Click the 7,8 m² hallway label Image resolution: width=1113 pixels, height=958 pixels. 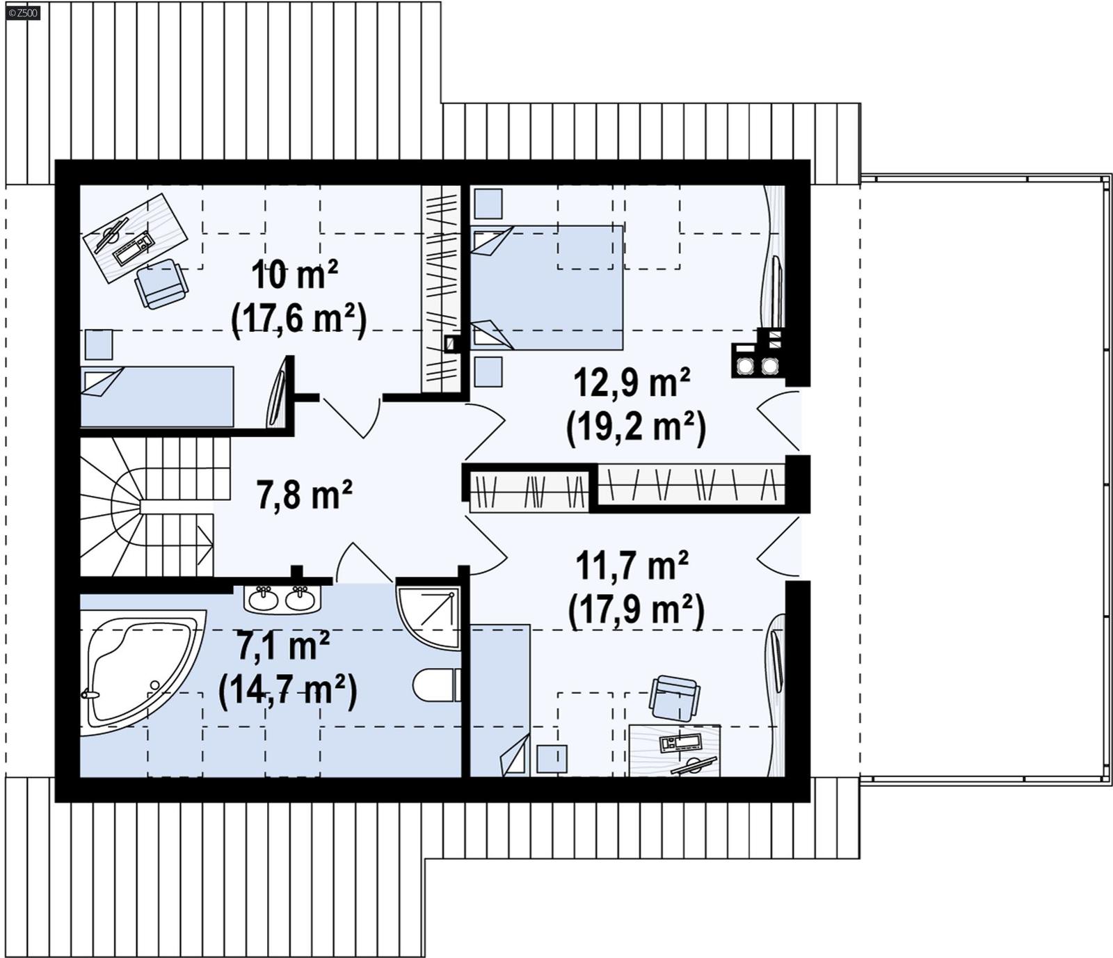pyautogui.click(x=304, y=495)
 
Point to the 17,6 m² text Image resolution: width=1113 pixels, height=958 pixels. pyautogui.click(x=298, y=319)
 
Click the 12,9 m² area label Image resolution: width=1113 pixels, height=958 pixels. pyautogui.click(x=631, y=383)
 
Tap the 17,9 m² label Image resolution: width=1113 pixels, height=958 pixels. pyautogui.click(x=636, y=610)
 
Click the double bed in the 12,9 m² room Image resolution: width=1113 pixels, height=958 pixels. pyautogui.click(x=547, y=287)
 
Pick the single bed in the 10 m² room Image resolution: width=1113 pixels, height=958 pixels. pyautogui.click(x=157, y=396)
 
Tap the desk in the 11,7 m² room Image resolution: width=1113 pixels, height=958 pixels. pyautogui.click(x=674, y=750)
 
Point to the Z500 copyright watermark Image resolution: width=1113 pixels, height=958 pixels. pyautogui.click(x=23, y=13)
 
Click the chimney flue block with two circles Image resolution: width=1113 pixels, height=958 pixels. pyautogui.click(x=757, y=360)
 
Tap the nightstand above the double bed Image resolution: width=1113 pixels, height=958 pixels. pyautogui.click(x=488, y=204)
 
